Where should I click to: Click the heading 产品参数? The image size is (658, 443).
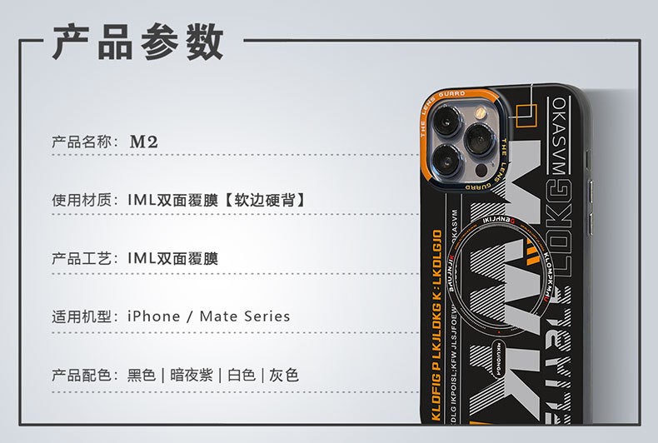[138, 42]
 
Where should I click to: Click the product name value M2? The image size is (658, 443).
[143, 142]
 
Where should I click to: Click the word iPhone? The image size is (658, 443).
[153, 316]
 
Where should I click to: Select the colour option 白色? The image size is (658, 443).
[241, 375]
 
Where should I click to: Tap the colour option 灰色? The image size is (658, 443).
[284, 375]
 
